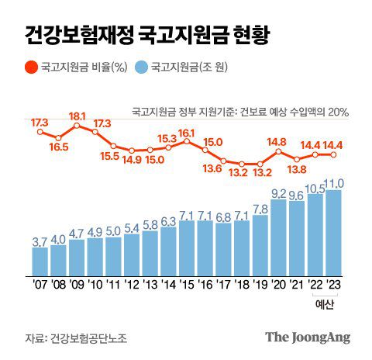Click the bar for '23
click(x=333, y=233)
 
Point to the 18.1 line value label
click(x=77, y=116)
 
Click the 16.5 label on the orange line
click(x=58, y=144)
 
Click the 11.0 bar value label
click(x=334, y=183)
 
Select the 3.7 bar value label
click(x=40, y=242)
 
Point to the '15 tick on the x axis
click(x=187, y=284)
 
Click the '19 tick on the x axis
click(x=260, y=284)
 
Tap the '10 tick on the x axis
click(x=95, y=284)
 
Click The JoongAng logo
click(x=308, y=337)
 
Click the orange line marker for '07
click(x=40, y=131)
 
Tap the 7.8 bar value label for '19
click(x=260, y=209)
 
